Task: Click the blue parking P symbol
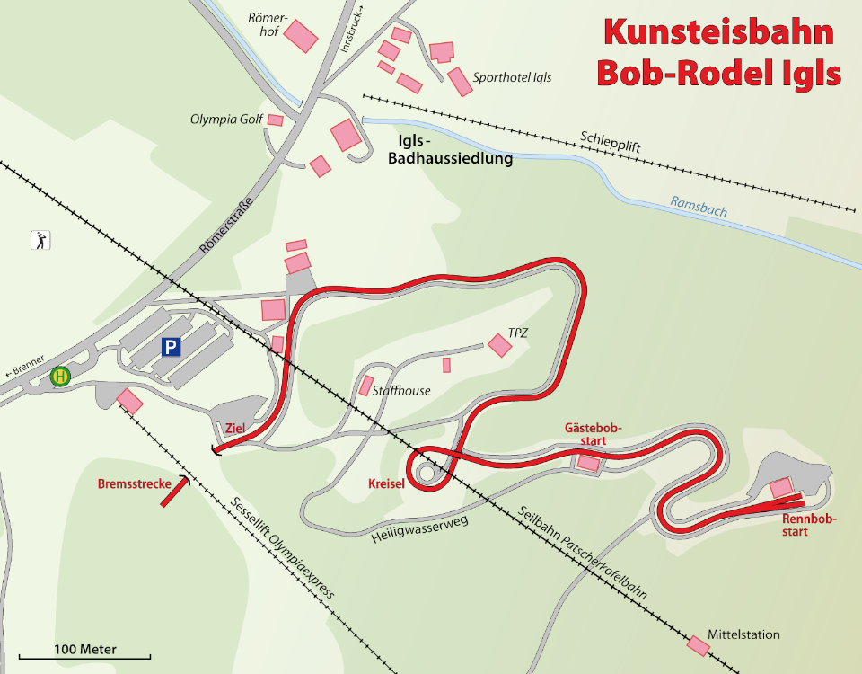click(170, 346)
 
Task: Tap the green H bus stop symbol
click(60, 377)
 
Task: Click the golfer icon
click(40, 240)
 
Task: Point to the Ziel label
click(236, 428)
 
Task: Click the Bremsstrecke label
click(135, 484)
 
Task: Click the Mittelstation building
click(698, 645)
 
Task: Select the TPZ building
click(498, 344)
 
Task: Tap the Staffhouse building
click(365, 386)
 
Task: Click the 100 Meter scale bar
click(72, 658)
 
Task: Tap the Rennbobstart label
click(808, 525)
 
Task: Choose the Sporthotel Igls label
click(512, 78)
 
